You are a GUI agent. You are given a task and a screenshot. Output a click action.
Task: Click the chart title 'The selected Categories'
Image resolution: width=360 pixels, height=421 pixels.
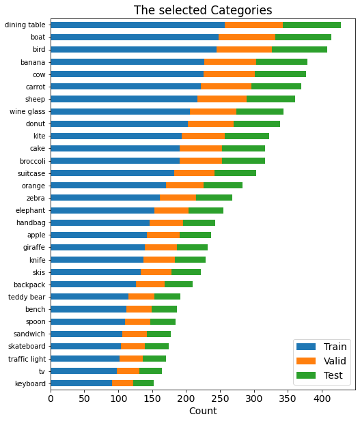click(x=203, y=10)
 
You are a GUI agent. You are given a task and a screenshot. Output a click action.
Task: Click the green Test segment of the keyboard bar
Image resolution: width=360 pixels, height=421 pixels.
click(x=143, y=383)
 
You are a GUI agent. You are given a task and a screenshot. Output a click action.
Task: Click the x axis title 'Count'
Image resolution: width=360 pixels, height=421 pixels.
click(x=203, y=411)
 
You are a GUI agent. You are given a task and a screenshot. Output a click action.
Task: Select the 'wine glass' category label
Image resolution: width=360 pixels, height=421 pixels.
click(x=27, y=111)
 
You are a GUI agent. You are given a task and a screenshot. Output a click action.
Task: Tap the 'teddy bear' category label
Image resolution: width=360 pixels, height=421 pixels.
click(x=27, y=297)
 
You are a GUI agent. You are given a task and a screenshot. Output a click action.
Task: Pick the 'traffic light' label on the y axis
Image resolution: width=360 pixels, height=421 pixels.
click(x=27, y=358)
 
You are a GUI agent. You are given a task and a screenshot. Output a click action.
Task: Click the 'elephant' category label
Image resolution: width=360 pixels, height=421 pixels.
click(x=31, y=210)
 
